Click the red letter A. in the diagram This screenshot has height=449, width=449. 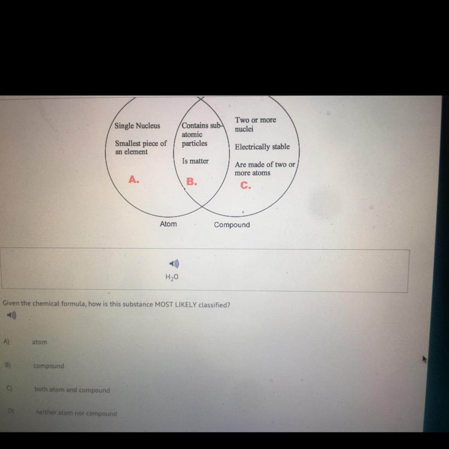(x=134, y=180)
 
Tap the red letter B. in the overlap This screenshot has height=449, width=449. (x=192, y=182)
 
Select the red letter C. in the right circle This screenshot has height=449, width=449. (x=245, y=185)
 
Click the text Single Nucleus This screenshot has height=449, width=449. (x=137, y=126)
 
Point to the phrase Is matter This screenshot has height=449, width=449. (x=195, y=161)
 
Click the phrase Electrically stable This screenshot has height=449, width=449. (x=262, y=147)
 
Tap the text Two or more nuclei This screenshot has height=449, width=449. (x=255, y=124)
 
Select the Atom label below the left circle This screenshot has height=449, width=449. (x=168, y=224)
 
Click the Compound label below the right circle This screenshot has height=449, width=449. (x=232, y=225)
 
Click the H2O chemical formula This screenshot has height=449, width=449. (x=172, y=277)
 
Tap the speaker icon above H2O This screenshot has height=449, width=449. (x=174, y=264)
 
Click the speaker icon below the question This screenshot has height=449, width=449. (x=12, y=316)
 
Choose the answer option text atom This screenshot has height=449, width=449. (x=40, y=342)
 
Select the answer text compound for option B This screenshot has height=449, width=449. (x=49, y=366)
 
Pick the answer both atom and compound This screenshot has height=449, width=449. (x=72, y=390)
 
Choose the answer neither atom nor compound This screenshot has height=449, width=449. (x=76, y=413)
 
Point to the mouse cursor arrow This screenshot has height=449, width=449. (x=424, y=359)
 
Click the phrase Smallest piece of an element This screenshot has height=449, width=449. (x=140, y=147)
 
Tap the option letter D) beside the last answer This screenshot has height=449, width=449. (x=11, y=411)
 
